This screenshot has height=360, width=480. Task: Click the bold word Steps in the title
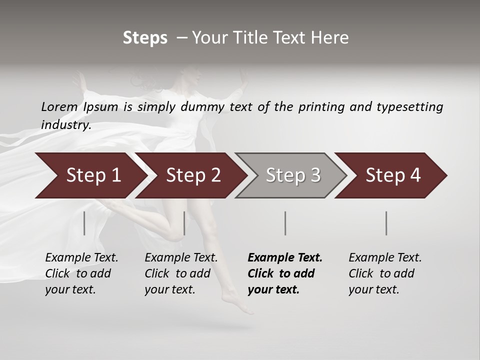(x=145, y=38)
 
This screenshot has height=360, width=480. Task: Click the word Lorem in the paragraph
(x=59, y=106)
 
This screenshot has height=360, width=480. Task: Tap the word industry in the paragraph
(x=65, y=124)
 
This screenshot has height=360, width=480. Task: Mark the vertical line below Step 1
(x=84, y=223)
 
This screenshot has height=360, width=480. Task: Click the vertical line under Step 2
(x=184, y=223)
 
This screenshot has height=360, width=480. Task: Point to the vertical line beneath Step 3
(x=285, y=223)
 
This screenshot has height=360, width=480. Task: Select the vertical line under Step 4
(x=386, y=223)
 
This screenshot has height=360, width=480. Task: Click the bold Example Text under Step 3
(x=285, y=258)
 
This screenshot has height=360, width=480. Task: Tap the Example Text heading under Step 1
(x=81, y=258)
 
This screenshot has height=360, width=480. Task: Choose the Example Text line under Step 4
(x=385, y=258)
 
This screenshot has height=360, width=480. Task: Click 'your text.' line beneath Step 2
(x=169, y=289)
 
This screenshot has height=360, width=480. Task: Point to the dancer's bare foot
(x=235, y=303)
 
